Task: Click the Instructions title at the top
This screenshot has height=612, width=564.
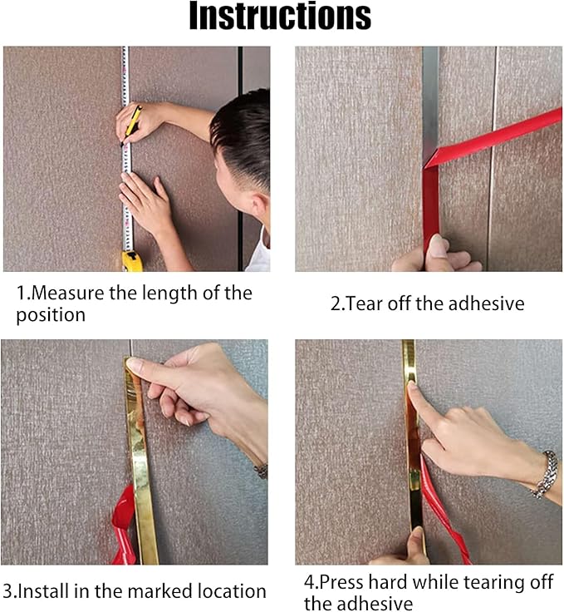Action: [280, 16]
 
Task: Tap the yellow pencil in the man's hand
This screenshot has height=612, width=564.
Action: [132, 125]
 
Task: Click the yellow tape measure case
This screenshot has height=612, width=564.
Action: [132, 261]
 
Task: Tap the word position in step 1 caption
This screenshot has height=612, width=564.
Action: [51, 315]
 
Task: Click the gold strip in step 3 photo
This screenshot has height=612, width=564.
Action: [140, 461]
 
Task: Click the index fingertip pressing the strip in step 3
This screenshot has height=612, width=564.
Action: [133, 364]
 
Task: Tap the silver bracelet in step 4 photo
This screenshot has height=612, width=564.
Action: [545, 474]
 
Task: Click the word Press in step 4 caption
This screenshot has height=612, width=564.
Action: [341, 582]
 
